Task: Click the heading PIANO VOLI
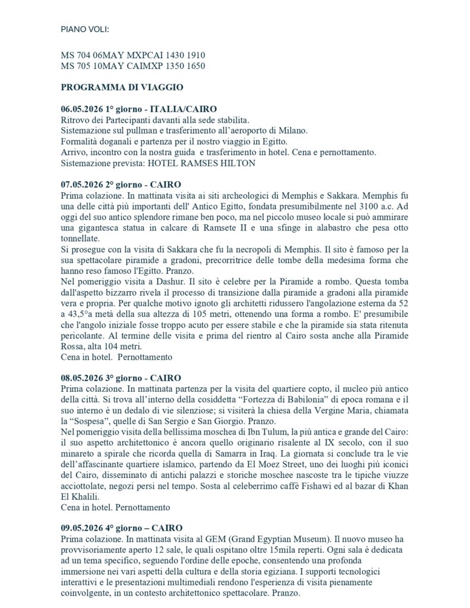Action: tap(85, 29)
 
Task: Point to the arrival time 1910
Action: tap(195, 55)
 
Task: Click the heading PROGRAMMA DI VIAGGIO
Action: tap(122, 87)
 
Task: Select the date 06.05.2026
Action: tap(81, 109)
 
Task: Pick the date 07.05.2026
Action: tap(81, 184)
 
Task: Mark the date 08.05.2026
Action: tap(81, 378)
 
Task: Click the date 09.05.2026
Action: tap(81, 528)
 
